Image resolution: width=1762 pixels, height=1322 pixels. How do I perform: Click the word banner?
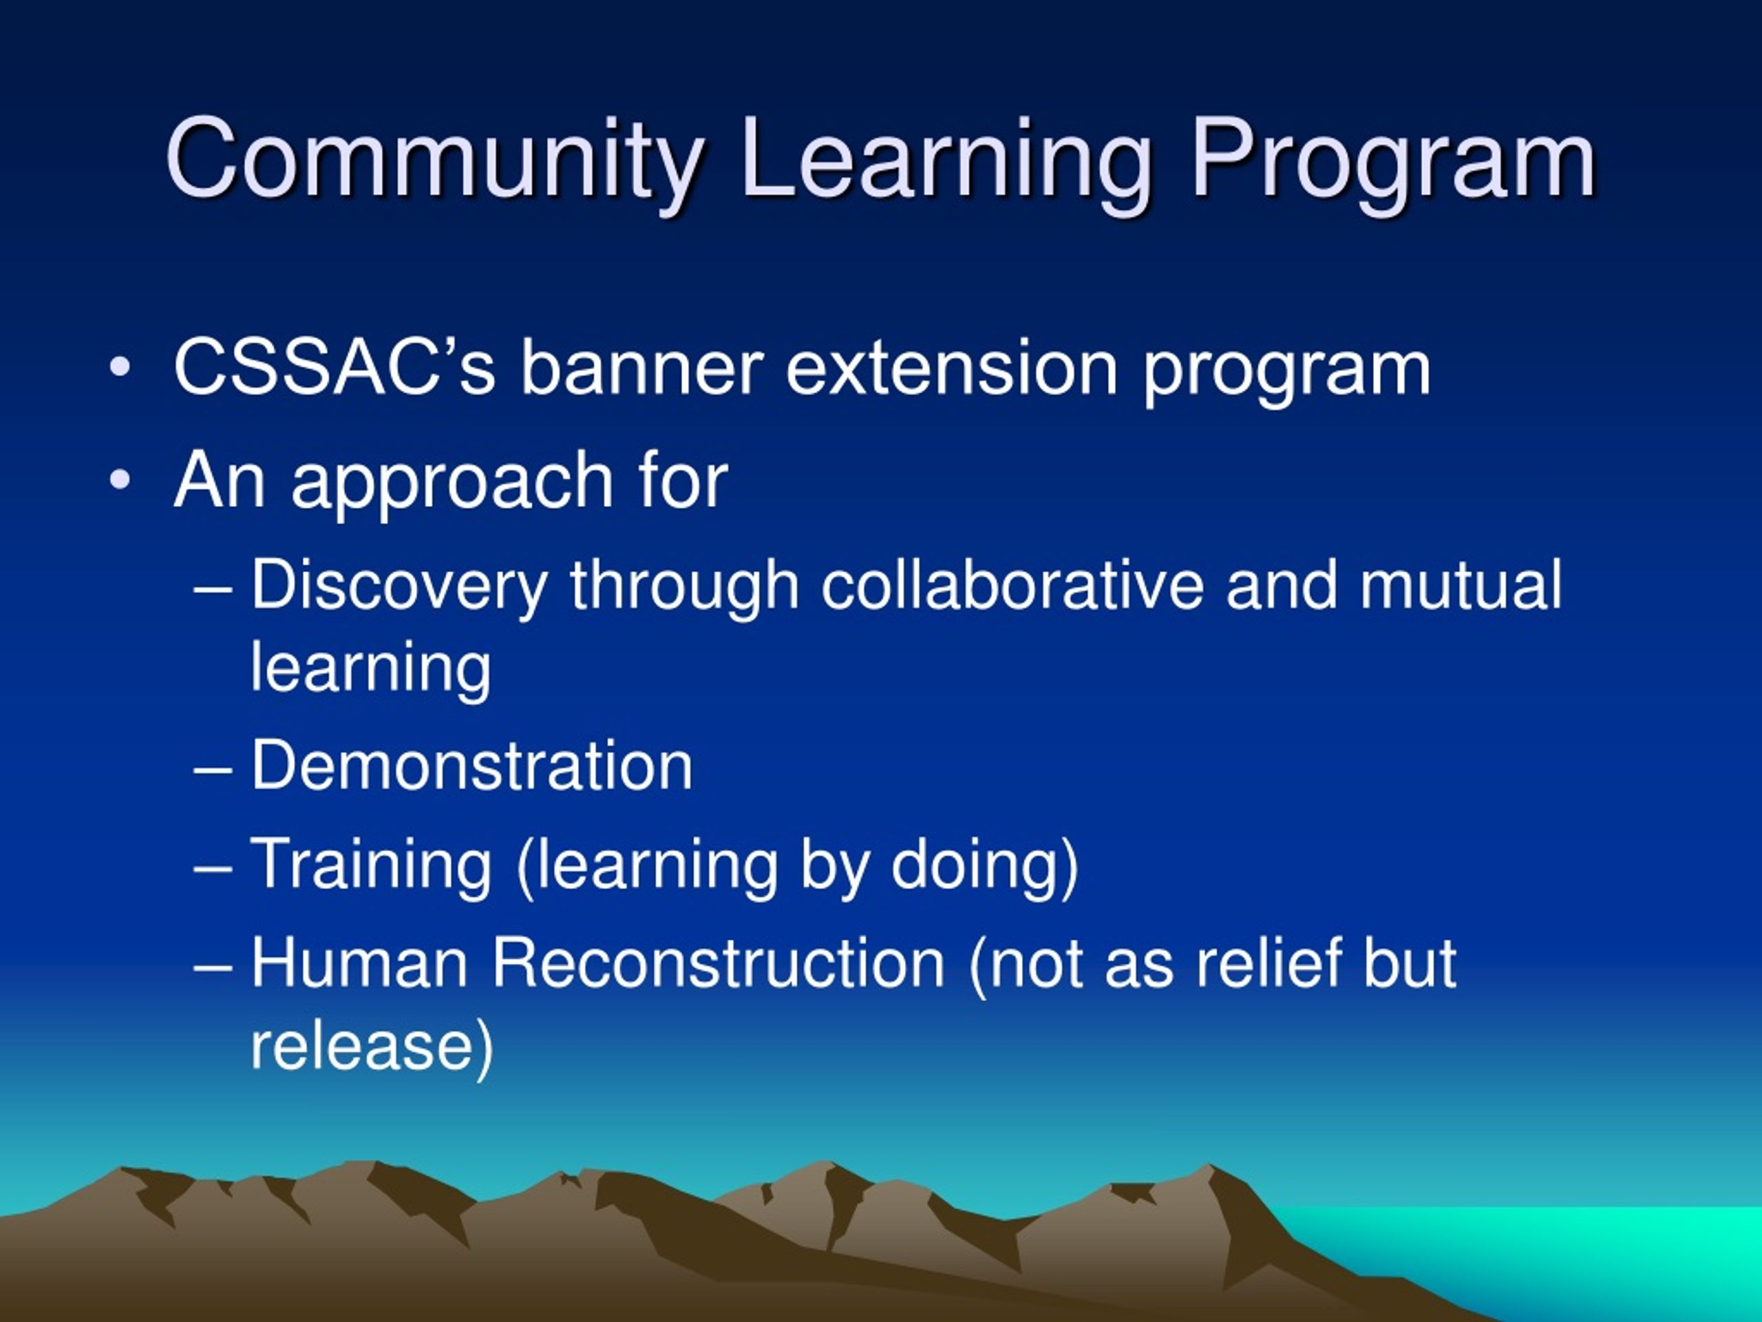[x=642, y=368]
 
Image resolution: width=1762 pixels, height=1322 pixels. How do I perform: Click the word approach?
[x=452, y=483]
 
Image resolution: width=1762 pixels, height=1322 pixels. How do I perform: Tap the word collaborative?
[x=1012, y=586]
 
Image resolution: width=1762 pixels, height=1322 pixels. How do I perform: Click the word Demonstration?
[x=471, y=766]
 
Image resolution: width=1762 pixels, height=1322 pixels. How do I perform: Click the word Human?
[x=359, y=964]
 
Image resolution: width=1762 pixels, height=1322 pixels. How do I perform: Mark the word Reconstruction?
[x=718, y=964]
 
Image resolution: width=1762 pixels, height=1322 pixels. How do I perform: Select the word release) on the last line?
[x=372, y=1047]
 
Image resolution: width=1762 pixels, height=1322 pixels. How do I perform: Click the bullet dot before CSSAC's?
[x=120, y=368]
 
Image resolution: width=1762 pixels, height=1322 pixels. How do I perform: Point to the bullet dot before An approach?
[x=120, y=481]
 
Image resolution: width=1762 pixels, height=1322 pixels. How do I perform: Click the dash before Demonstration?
[x=213, y=770]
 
